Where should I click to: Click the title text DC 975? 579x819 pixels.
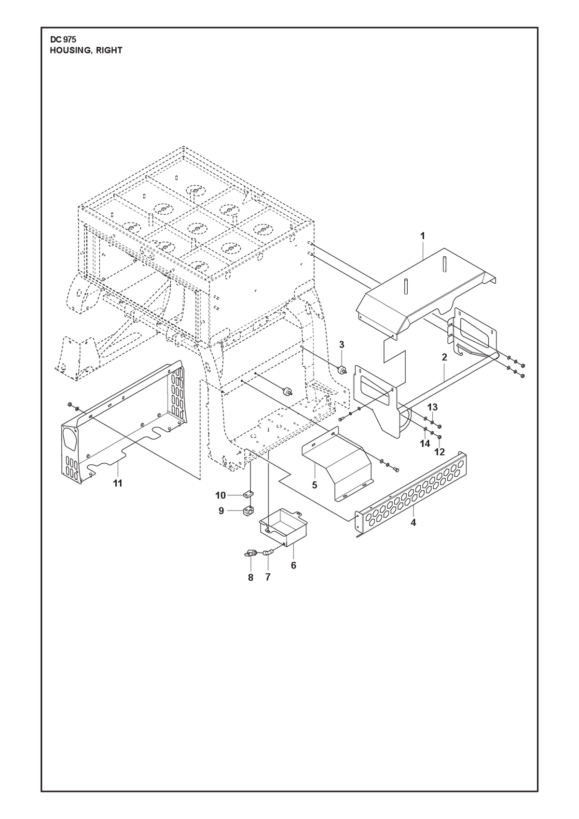pos(63,40)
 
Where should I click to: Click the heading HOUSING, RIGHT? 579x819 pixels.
pos(86,51)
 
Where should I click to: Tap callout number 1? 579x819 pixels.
pos(423,236)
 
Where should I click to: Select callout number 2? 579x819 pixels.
pos(444,357)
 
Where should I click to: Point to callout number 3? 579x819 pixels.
pos(342,345)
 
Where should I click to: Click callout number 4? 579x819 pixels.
pos(413,523)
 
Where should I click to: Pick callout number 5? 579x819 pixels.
pos(315,485)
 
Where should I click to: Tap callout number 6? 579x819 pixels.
pos(293,566)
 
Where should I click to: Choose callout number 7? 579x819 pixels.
pos(268,577)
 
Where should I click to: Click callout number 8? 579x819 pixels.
pos(251,578)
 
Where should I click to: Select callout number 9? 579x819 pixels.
pos(221,511)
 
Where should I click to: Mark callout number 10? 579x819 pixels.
pos(221,496)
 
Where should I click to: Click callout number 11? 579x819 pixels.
pos(117,484)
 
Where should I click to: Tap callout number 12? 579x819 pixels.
pos(440,452)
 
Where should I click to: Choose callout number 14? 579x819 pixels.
pos(425,444)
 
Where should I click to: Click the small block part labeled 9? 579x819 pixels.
pos(248,510)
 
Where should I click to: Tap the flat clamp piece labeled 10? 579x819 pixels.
pos(248,494)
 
